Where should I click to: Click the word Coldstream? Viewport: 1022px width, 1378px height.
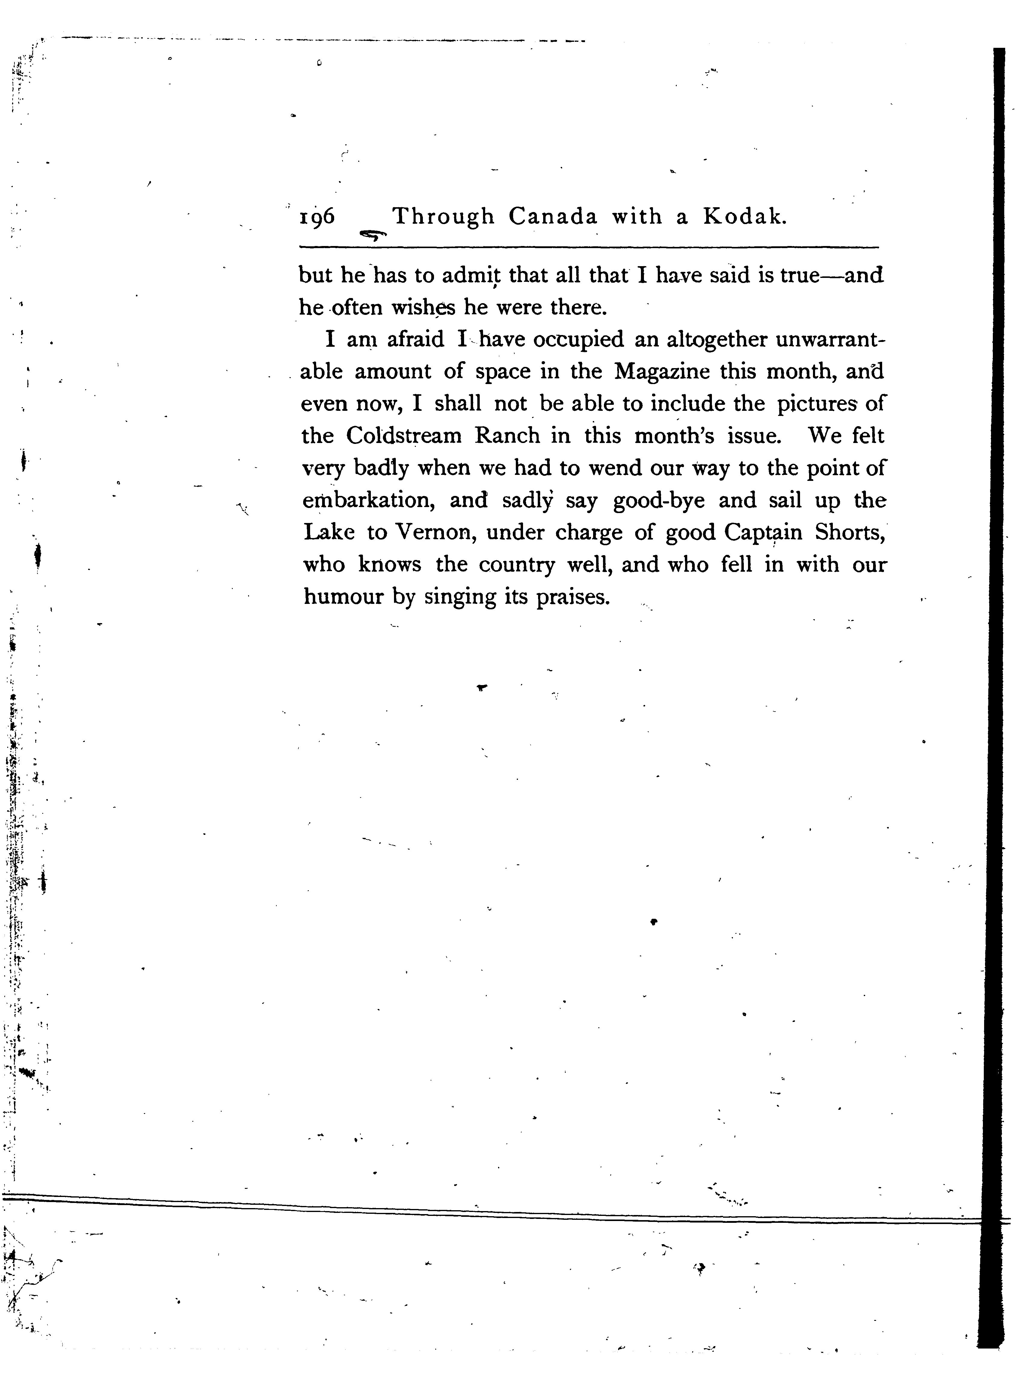[x=404, y=436]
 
